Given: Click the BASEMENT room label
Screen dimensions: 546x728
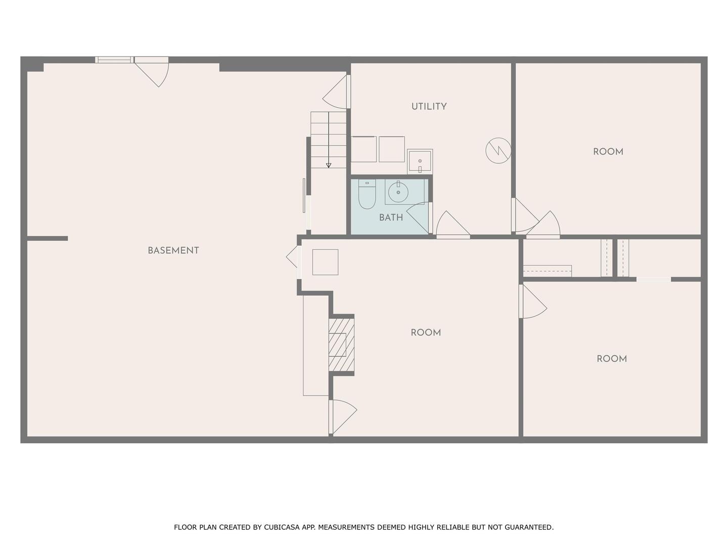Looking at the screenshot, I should (173, 251).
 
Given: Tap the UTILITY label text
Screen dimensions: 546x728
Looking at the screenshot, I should (429, 107).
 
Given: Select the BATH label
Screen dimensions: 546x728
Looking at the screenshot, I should (391, 218).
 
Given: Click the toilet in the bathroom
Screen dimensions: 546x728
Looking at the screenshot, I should (367, 195).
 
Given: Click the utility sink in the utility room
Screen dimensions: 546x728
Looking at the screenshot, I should (420, 161).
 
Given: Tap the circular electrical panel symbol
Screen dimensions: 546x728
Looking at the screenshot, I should (498, 150).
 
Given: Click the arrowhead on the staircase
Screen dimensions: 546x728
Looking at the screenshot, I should (329, 165).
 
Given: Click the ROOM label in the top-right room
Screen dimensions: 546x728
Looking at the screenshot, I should (608, 152).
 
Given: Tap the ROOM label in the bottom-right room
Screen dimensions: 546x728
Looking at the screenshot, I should (611, 359).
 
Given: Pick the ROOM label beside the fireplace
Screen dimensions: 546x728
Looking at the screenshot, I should (425, 333).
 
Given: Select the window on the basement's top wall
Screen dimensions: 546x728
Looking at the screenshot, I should (114, 60).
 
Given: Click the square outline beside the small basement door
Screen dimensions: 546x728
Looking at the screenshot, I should (325, 262).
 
